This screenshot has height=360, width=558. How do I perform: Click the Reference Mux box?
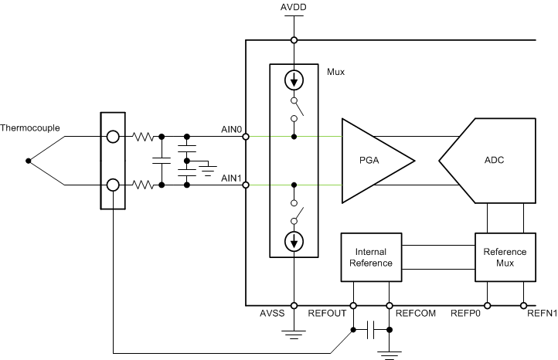[x=505, y=257]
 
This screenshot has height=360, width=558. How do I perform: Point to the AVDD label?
[x=294, y=8]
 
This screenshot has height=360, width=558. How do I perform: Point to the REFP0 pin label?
[x=487, y=314]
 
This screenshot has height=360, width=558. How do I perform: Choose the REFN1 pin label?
[x=542, y=314]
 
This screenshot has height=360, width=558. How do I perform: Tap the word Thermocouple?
[x=30, y=127]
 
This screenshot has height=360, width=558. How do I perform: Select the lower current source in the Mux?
[x=294, y=243]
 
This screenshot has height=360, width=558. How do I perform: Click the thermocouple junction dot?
[x=29, y=161]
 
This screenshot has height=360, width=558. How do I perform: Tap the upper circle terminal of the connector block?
[x=113, y=137]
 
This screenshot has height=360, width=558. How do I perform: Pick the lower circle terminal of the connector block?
[x=113, y=185]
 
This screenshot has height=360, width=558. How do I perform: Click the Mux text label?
[x=335, y=71]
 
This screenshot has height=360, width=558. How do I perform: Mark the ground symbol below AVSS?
[x=294, y=333]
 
